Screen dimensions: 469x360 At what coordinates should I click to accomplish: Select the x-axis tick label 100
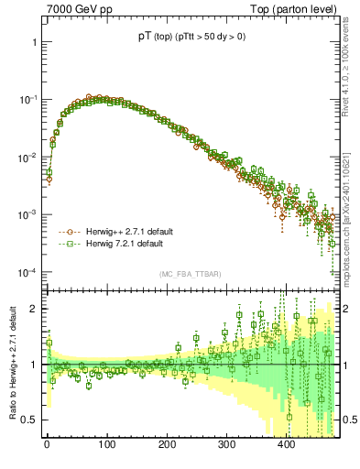click(x=106, y=444)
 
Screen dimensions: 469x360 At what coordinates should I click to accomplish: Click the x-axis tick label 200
click(x=166, y=444)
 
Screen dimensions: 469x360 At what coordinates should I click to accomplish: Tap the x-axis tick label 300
click(x=226, y=444)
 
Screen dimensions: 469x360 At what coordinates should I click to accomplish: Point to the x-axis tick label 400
click(x=286, y=444)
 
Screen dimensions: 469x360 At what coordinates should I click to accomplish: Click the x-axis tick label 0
click(x=47, y=444)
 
